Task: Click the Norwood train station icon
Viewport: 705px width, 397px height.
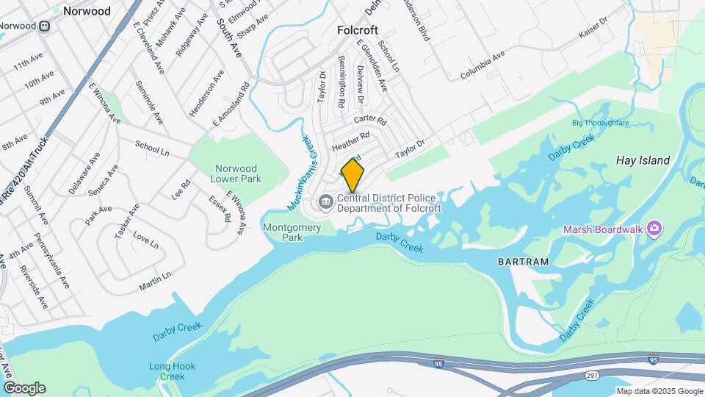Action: pyautogui.click(x=45, y=26)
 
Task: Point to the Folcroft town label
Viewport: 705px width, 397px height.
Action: pyautogui.click(x=357, y=30)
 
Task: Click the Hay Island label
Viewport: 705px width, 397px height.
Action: pyautogui.click(x=643, y=160)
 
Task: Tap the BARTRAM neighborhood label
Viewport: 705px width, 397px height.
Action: pyautogui.click(x=523, y=261)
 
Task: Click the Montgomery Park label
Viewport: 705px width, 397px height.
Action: pyautogui.click(x=292, y=232)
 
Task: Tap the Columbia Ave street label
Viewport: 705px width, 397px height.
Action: pyautogui.click(x=482, y=65)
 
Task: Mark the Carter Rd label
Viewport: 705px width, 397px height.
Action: pyautogui.click(x=369, y=120)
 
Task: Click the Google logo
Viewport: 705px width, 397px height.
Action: pyautogui.click(x=24, y=388)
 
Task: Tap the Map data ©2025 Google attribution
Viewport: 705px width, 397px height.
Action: pyautogui.click(x=659, y=391)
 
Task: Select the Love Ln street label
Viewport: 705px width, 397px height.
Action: pyautogui.click(x=146, y=241)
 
